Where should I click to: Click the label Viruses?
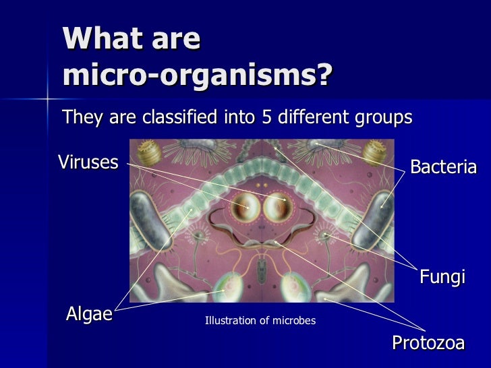(x=88, y=162)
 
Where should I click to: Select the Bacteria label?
(x=443, y=167)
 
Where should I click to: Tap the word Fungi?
(x=442, y=277)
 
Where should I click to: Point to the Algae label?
(x=88, y=313)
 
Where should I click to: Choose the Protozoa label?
(x=428, y=343)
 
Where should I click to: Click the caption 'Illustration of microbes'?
(x=260, y=321)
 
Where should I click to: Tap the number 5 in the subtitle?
(x=266, y=117)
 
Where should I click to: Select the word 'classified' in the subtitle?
(x=180, y=117)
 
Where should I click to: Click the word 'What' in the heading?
(x=96, y=40)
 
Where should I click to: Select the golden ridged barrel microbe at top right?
(x=375, y=151)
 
